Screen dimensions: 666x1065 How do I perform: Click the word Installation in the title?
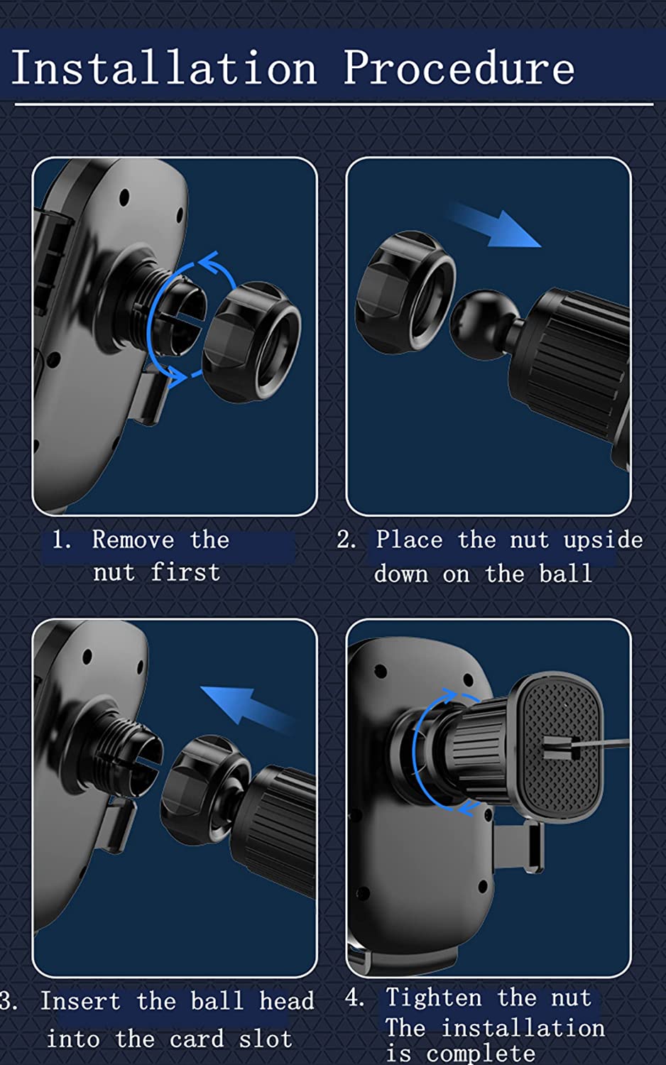[x=163, y=67]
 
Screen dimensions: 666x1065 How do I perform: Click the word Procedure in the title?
[x=459, y=67]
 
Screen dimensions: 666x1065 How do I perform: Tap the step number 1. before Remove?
[x=61, y=540]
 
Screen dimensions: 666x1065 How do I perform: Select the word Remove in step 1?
[x=133, y=540]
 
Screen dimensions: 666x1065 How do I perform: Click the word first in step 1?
[x=185, y=572]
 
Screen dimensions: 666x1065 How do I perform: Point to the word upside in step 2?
[x=604, y=540]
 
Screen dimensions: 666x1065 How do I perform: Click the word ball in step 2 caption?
[x=566, y=573]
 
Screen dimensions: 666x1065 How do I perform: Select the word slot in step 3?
[x=266, y=1039]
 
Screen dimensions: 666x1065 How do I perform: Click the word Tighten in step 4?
[x=433, y=997]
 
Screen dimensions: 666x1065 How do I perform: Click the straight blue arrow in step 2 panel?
[x=494, y=224]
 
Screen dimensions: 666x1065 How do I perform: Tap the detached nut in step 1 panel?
[x=251, y=342]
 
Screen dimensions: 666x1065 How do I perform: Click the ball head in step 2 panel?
[x=484, y=323]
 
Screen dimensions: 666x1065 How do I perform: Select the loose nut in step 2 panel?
[x=405, y=292]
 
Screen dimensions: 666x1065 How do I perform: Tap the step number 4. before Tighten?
[x=354, y=997]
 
